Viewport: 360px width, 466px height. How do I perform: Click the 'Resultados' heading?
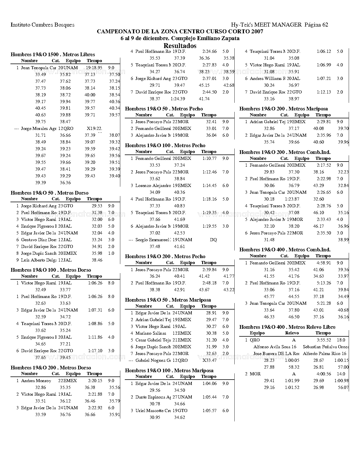180,46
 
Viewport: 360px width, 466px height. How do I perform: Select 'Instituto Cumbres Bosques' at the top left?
42,25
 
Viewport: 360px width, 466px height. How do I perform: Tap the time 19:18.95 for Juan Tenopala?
94,68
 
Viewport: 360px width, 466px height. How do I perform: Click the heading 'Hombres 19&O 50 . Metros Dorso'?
49,193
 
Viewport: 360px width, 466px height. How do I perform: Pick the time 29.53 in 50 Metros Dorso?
97,206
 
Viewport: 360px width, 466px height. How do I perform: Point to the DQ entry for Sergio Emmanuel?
213,240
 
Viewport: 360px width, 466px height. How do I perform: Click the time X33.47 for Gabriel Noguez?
210,360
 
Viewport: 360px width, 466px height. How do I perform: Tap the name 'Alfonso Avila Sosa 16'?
275,347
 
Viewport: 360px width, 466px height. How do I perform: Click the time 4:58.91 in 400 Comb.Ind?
324,263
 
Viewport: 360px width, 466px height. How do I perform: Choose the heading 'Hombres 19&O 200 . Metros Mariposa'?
283,109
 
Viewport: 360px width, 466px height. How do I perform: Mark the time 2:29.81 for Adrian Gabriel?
324,122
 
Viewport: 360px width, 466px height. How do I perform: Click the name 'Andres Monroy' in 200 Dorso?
36,381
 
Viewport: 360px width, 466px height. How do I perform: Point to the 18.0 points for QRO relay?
341,340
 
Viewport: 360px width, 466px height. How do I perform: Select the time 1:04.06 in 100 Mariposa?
209,384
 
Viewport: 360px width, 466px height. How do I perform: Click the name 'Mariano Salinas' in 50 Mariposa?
151,333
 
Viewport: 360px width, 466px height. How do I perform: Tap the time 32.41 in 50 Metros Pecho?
211,122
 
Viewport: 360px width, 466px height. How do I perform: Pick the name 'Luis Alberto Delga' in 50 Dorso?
39,260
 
